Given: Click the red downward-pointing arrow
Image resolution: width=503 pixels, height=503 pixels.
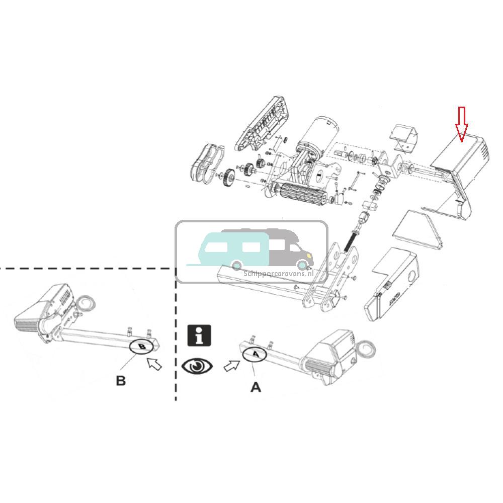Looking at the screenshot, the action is (462, 124).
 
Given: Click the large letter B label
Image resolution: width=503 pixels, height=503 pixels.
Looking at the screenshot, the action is (121, 381).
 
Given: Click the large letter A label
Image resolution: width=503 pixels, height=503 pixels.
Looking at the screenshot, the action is (256, 387).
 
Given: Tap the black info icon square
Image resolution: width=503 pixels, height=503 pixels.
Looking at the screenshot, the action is (199, 336).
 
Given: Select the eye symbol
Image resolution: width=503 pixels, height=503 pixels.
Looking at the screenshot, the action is (197, 366).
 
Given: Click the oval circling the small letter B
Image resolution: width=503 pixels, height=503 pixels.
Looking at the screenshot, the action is (142, 347).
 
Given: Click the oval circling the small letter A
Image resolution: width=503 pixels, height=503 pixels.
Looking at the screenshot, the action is (255, 355).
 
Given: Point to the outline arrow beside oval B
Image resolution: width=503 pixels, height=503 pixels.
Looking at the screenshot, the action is (154, 364).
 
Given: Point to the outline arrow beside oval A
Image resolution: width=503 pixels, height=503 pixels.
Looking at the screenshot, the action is (232, 366).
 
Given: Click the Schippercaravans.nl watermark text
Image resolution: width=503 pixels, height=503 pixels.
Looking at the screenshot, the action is (279, 274).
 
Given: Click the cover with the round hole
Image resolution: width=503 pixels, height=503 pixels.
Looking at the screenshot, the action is (391, 284).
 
